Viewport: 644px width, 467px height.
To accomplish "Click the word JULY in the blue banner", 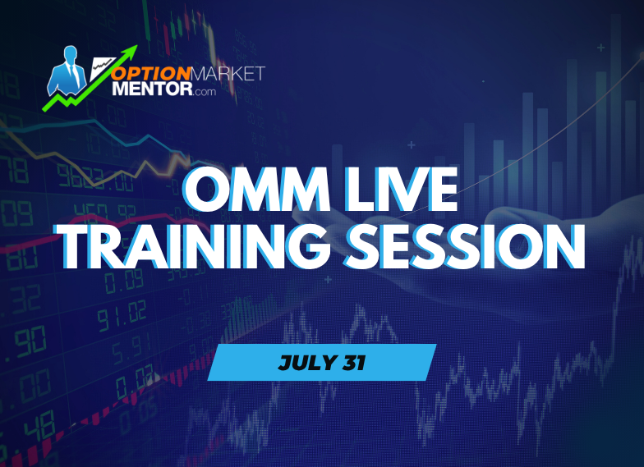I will [303, 362].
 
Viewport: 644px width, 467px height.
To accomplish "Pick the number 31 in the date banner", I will [350, 362].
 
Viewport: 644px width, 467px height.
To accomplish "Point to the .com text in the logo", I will [204, 92].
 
